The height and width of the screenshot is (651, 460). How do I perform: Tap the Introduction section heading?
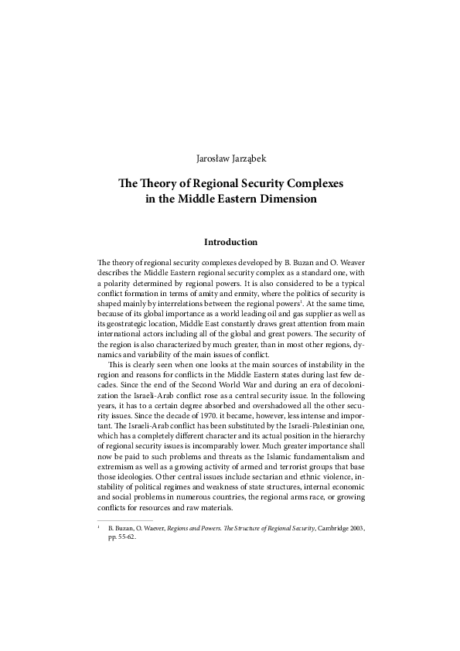pyautogui.click(x=230, y=242)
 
